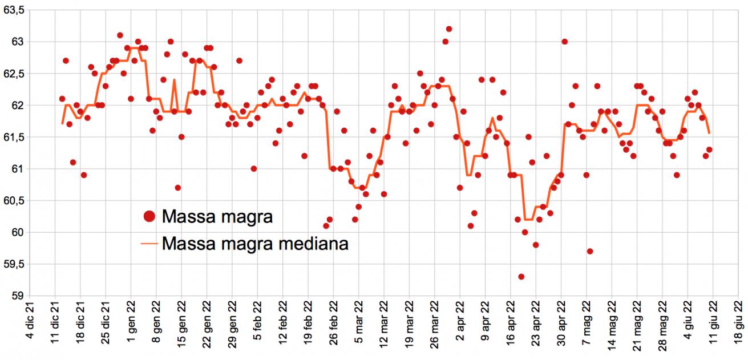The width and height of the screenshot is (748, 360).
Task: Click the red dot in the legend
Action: (149, 216)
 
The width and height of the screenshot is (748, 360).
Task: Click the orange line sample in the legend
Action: (149, 244)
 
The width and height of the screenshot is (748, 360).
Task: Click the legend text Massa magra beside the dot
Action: (217, 216)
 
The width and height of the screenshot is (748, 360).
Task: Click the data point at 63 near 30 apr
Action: (564, 42)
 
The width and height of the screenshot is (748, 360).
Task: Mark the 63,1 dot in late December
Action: (120, 35)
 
